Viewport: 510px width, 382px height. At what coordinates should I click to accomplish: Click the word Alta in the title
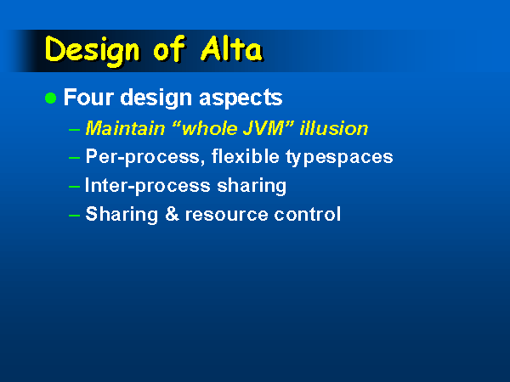click(231, 48)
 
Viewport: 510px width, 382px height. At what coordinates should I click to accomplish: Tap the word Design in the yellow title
click(93, 51)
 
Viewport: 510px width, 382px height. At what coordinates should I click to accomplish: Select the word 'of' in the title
click(169, 48)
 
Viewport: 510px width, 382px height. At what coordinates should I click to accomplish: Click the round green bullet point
click(50, 98)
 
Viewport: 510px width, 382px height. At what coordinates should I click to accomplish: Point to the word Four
click(88, 97)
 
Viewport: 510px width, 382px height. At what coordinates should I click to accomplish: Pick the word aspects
click(241, 98)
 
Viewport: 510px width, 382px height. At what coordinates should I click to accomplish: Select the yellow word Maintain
click(125, 128)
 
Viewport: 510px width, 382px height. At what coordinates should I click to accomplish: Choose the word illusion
click(334, 128)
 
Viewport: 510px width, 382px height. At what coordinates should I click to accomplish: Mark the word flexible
click(246, 156)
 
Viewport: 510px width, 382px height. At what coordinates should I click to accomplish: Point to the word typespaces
click(339, 158)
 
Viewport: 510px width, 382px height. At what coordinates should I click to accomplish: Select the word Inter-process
click(148, 186)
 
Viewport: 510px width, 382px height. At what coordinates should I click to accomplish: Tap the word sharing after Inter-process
click(252, 186)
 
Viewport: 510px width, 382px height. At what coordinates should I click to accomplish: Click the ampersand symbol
click(172, 214)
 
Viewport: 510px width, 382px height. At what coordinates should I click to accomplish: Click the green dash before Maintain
click(75, 129)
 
